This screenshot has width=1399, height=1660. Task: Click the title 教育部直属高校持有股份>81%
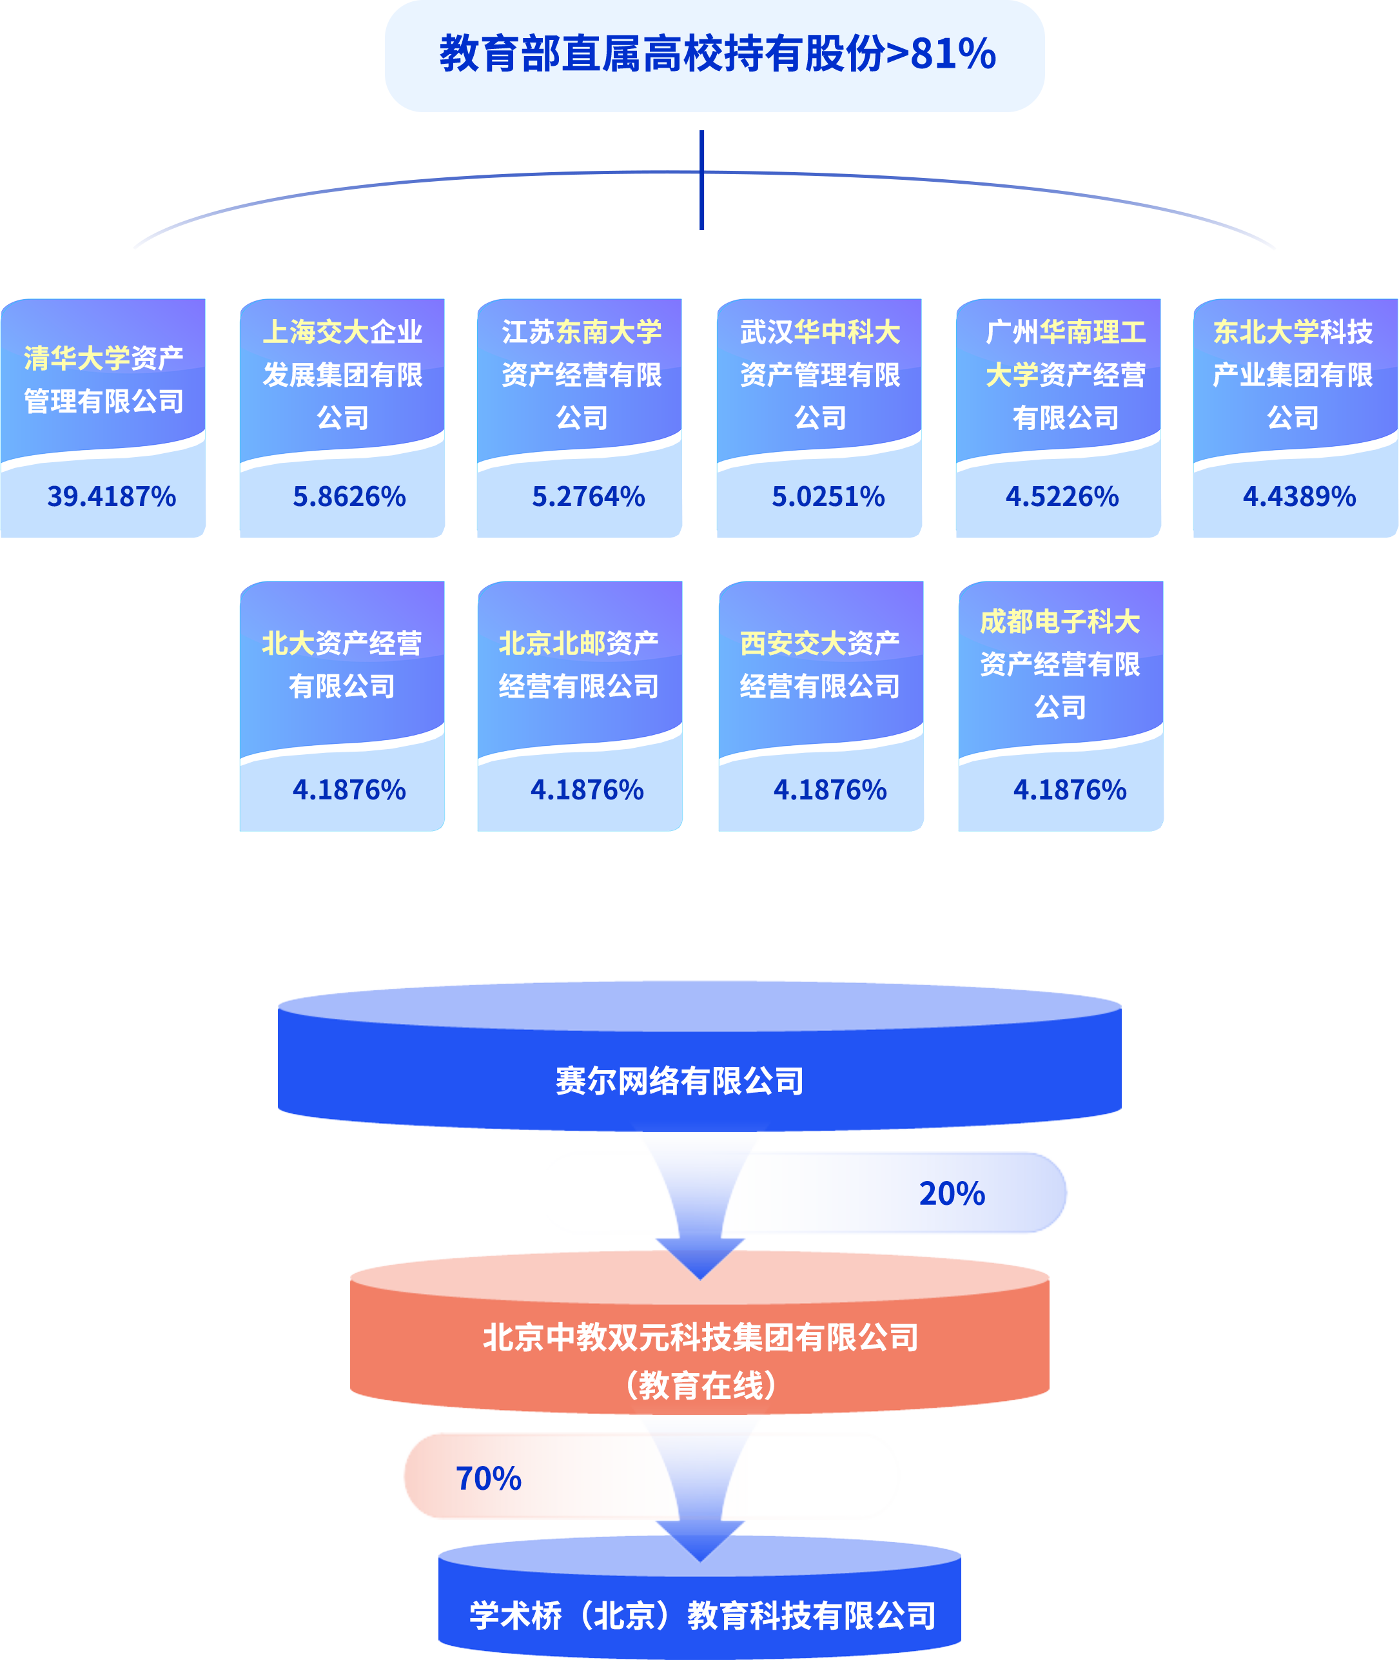(x=717, y=54)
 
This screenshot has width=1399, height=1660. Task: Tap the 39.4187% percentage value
(x=111, y=496)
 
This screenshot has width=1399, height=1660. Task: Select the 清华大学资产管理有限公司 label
(x=103, y=380)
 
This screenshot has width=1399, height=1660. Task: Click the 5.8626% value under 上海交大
(x=349, y=496)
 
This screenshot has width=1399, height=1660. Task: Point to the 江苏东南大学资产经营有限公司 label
(x=582, y=375)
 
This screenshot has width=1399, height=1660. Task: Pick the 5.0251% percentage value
(x=828, y=496)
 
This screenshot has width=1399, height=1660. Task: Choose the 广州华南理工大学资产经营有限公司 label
(x=1065, y=375)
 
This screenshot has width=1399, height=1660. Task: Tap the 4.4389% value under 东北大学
(x=1299, y=496)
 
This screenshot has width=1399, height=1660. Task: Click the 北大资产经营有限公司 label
(x=341, y=665)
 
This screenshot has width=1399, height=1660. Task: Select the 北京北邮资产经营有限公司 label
(x=578, y=665)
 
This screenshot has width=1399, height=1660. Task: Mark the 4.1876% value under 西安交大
(x=830, y=790)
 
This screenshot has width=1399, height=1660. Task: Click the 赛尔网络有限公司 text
(x=679, y=1081)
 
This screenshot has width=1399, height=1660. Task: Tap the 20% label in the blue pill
(x=952, y=1194)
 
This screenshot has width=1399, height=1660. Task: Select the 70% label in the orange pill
(x=488, y=1478)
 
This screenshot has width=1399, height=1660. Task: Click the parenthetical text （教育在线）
(x=699, y=1385)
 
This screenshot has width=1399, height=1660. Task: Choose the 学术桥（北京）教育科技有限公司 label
(x=702, y=1616)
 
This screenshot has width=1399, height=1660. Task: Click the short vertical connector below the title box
(x=702, y=149)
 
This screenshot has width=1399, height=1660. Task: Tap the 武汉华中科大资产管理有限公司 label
(x=820, y=375)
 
